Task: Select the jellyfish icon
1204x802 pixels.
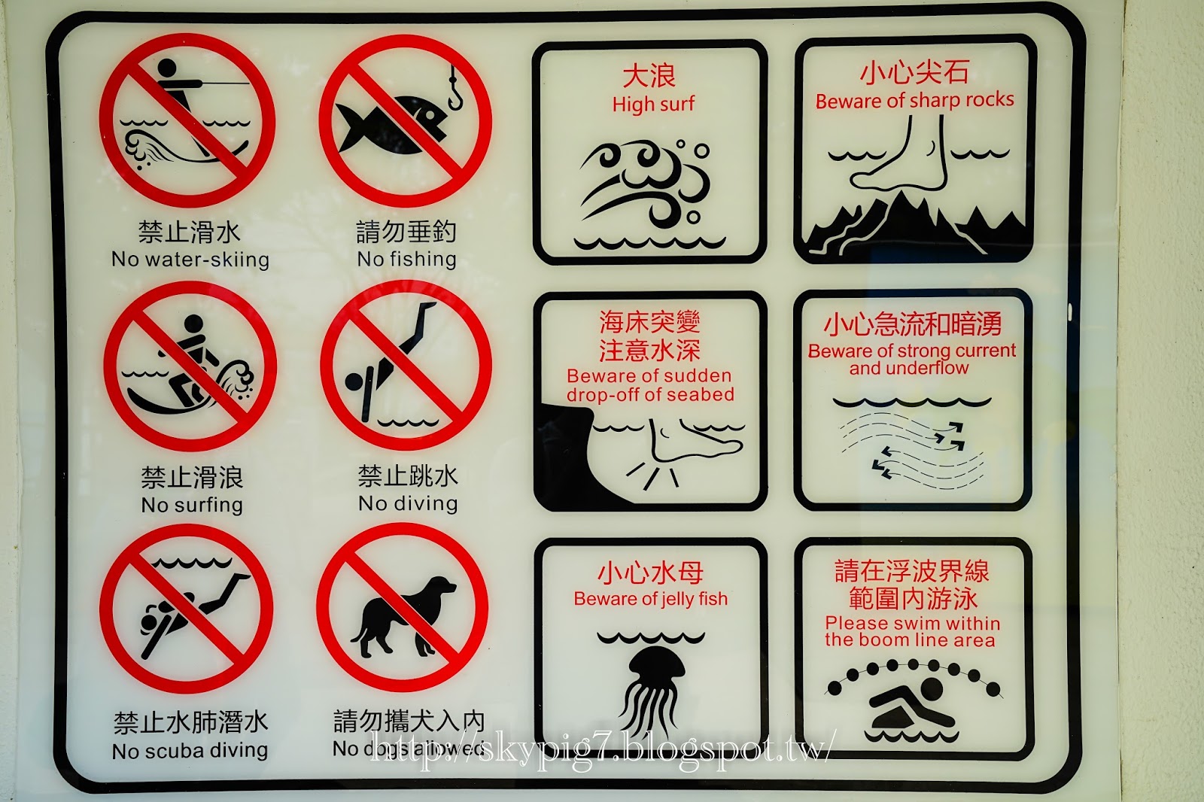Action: [x=652, y=691]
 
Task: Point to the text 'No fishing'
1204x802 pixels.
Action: [x=407, y=260]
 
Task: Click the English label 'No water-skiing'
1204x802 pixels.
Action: [x=190, y=260]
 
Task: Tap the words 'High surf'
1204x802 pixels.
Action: [x=653, y=104]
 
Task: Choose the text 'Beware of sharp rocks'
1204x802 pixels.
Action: [x=914, y=101]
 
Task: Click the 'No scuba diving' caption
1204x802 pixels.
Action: [x=190, y=750]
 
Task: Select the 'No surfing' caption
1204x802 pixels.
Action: [x=192, y=506]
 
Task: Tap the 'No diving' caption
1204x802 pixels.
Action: [x=408, y=503]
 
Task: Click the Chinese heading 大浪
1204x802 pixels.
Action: [x=649, y=76]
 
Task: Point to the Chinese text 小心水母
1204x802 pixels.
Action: [x=650, y=573]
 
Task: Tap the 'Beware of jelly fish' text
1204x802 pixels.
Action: [x=650, y=599]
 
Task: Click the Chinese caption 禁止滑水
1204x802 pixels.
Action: [x=189, y=232]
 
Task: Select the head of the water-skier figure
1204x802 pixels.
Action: [x=166, y=68]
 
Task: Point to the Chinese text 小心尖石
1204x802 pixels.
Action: [x=914, y=72]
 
